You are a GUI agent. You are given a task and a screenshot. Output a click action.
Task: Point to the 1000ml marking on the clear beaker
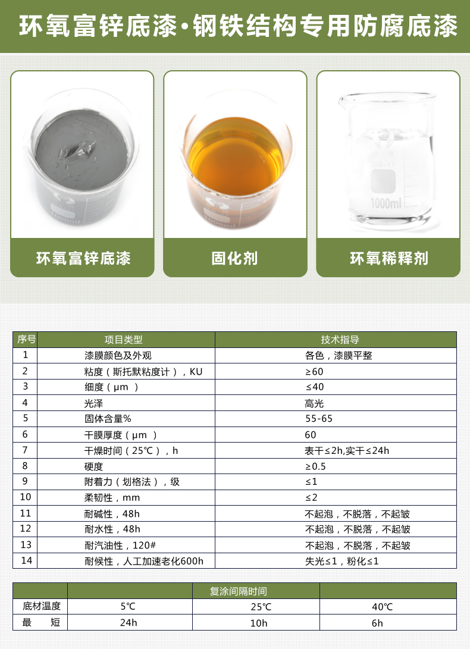click(386, 203)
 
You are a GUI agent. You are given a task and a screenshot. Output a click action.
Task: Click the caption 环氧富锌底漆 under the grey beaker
click(83, 258)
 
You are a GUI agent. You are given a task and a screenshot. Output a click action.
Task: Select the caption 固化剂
click(235, 258)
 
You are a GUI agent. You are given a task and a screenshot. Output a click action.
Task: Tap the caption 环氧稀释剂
click(389, 258)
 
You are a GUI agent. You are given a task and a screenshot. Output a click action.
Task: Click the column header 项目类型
click(123, 340)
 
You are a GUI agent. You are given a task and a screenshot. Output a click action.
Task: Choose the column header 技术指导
click(340, 340)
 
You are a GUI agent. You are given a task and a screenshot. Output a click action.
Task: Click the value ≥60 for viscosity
click(314, 372)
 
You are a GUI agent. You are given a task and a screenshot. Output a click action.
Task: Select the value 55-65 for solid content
click(319, 419)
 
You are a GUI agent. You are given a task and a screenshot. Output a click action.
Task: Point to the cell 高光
click(314, 403)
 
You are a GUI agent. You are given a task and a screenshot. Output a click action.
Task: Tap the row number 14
click(26, 560)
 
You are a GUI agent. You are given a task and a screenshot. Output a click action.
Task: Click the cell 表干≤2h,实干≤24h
click(347, 451)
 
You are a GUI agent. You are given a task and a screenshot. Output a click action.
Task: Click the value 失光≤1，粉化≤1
click(342, 561)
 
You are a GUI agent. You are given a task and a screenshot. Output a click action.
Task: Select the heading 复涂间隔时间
click(238, 591)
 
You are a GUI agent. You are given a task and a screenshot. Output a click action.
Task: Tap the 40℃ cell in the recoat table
click(382, 607)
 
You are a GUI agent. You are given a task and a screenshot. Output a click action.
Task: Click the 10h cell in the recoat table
click(259, 623)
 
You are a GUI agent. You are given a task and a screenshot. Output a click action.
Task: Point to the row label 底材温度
click(42, 606)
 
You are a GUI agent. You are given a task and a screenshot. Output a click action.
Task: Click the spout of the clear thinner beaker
click(342, 101)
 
